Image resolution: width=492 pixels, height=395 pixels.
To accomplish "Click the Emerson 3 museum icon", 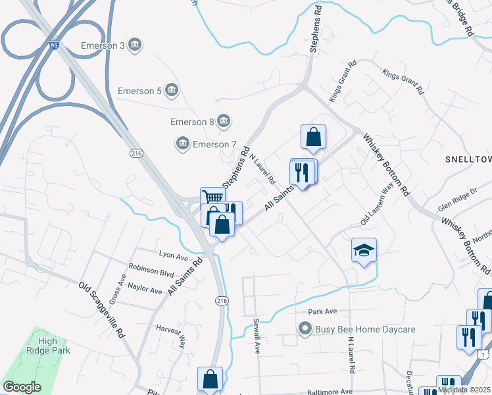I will tap(135, 45).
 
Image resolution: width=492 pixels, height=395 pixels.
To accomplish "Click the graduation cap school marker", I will tap(364, 250).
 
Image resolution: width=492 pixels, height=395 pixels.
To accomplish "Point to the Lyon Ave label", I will tap(174, 253).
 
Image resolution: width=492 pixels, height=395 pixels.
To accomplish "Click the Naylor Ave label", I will tap(145, 290).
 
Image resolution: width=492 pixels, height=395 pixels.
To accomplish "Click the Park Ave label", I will tap(322, 311).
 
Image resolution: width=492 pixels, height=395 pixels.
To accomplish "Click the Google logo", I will tap(22, 387).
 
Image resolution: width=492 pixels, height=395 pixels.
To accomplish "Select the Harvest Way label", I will tap(170, 332).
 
